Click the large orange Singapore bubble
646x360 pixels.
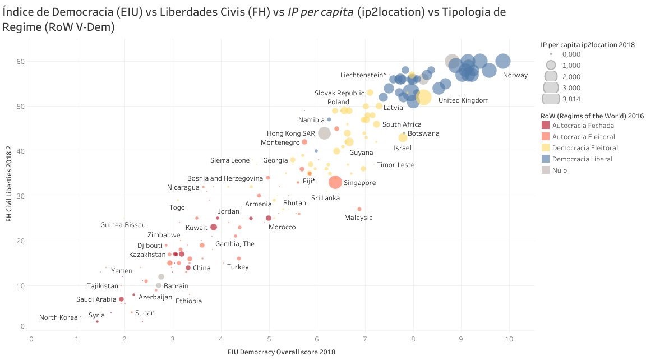[335, 182]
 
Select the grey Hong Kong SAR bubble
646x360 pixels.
[324, 133]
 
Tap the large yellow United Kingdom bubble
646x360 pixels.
[423, 97]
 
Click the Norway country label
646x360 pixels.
[515, 75]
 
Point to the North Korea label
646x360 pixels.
[58, 317]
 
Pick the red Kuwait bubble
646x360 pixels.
[213, 227]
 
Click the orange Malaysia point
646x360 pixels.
[359, 209]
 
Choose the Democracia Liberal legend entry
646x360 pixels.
[582, 159]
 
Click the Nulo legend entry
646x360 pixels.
[559, 170]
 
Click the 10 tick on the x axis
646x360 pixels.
[509, 339]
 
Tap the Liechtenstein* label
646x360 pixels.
[363, 75]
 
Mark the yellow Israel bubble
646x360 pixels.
[403, 138]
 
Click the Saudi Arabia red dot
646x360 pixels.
[121, 299]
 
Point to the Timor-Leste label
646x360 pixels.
[396, 165]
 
